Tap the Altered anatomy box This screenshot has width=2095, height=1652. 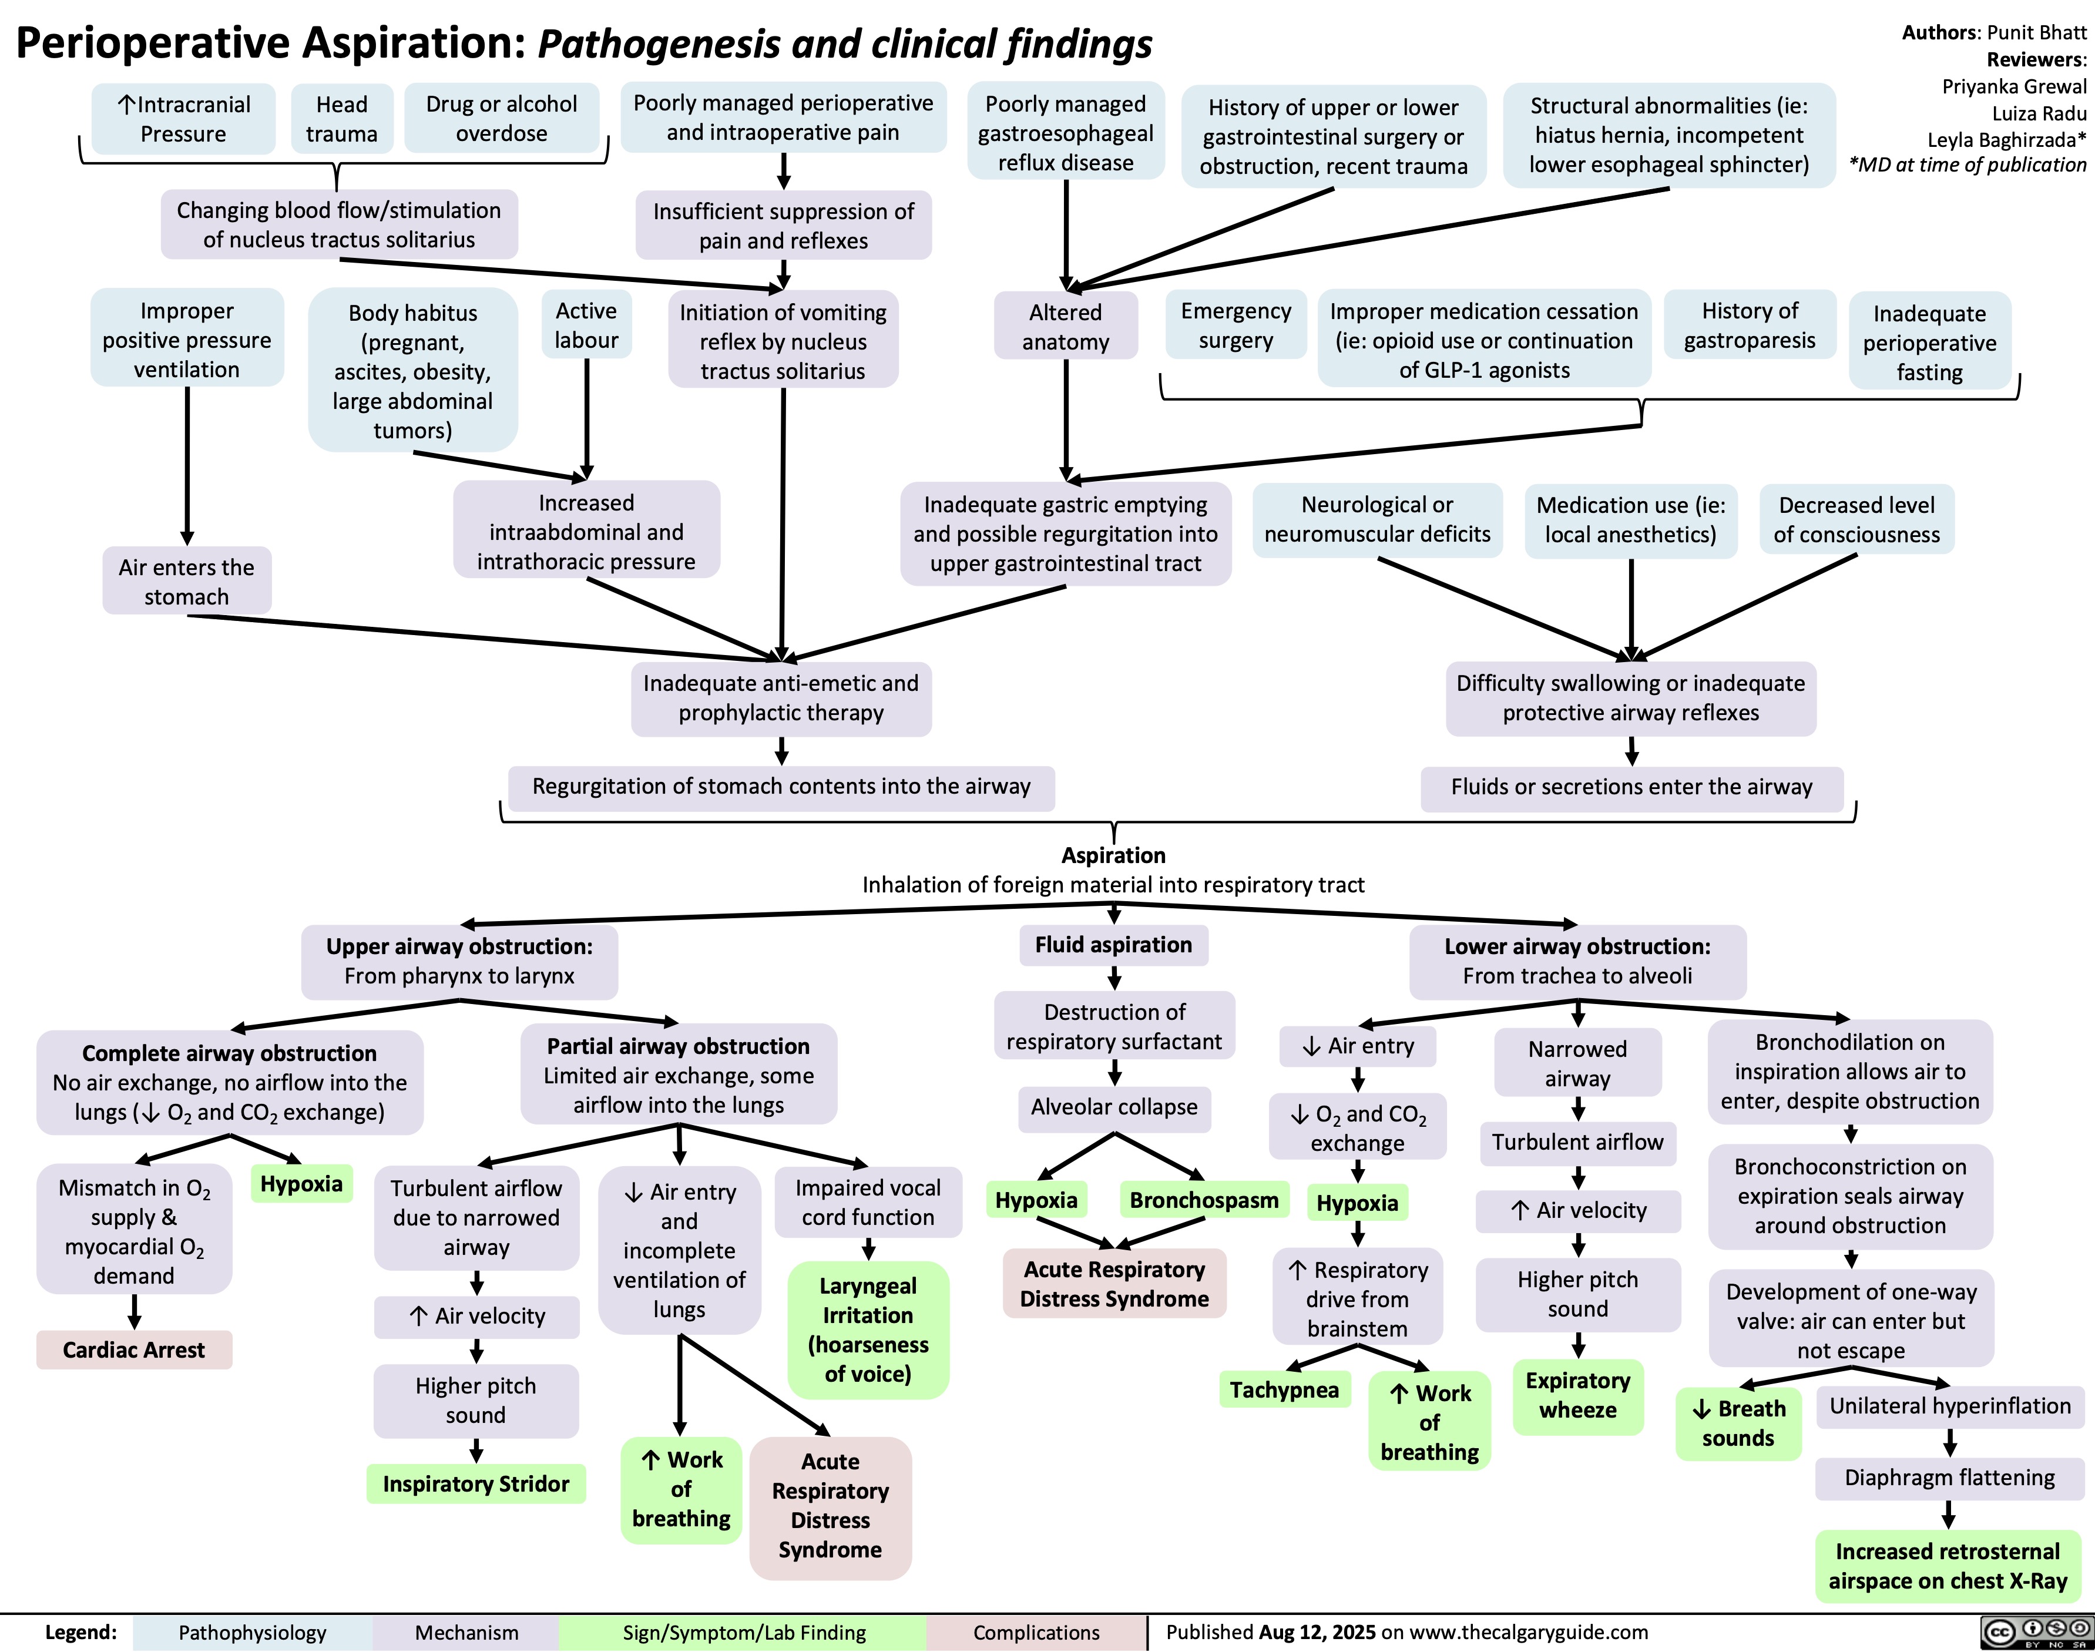1065,327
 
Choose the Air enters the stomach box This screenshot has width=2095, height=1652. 187,581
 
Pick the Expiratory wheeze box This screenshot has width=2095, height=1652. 1577,1395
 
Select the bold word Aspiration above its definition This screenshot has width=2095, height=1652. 1113,855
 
